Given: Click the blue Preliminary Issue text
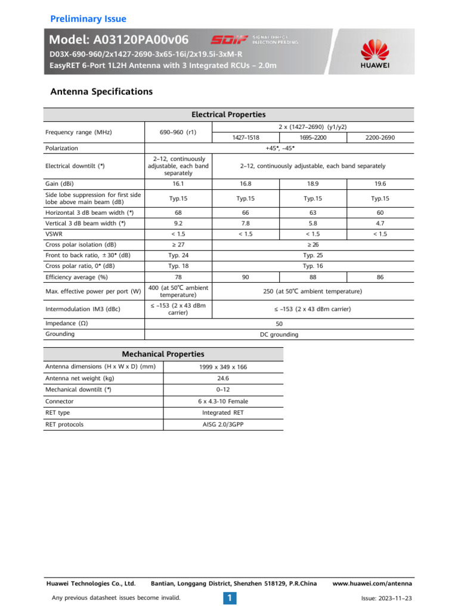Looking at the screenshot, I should coord(88,18).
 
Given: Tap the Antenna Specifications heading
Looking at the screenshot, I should coord(101,92).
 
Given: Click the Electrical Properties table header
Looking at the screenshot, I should coord(228,115).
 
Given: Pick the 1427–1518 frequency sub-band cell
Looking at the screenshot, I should coord(246,137).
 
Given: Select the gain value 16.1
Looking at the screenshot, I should coord(179,184).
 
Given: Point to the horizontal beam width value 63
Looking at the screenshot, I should coord(313,212).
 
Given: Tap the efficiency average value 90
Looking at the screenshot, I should coord(246,277).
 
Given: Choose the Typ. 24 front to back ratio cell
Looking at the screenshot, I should coord(179,255).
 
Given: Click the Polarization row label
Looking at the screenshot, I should coord(62,148).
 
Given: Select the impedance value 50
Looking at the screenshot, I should coord(279,323).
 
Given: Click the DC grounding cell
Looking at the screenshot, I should coord(279,335).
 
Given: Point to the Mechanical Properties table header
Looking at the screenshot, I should coord(163,354).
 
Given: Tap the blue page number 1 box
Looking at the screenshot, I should coord(229,597).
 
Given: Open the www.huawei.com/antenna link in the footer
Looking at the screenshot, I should coord(372,583).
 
